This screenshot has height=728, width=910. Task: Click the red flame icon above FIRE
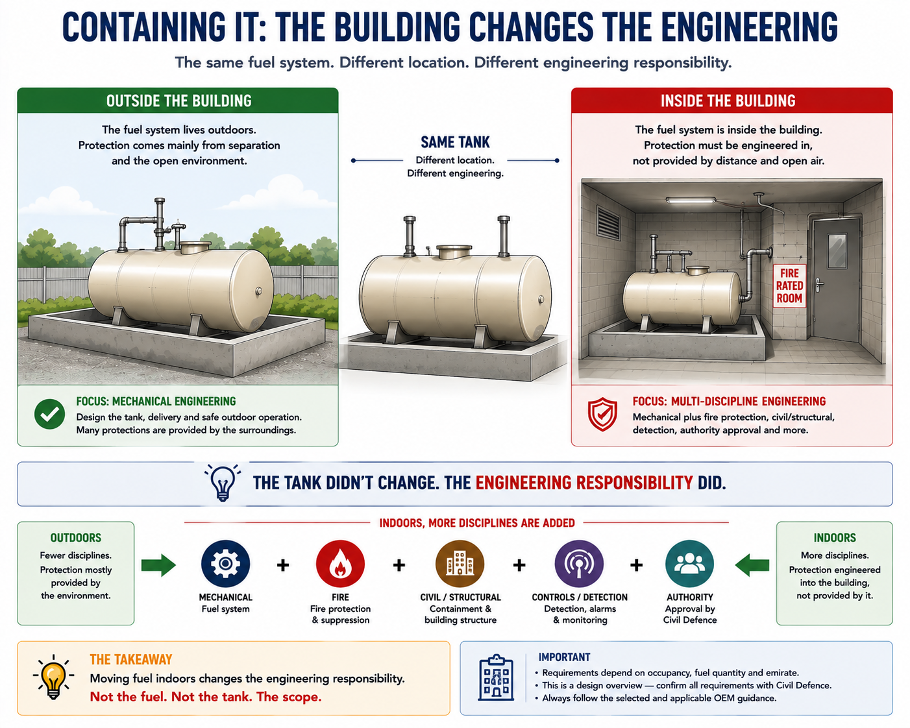pyautogui.click(x=340, y=564)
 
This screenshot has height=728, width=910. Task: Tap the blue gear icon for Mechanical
pyautogui.click(x=225, y=564)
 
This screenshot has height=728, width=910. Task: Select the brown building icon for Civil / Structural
pyautogui.click(x=460, y=564)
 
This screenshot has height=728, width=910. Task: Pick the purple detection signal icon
pyautogui.click(x=579, y=564)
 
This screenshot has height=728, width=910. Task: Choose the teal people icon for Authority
pyautogui.click(x=689, y=564)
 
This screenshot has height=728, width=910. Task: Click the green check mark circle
pyautogui.click(x=49, y=415)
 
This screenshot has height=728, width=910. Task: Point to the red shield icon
pyautogui.click(x=602, y=415)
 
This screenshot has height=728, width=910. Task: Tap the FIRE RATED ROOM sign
pyautogui.click(x=789, y=285)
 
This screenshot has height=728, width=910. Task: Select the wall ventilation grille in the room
pyautogui.click(x=608, y=223)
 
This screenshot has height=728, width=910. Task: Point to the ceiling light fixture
pyautogui.click(x=691, y=200)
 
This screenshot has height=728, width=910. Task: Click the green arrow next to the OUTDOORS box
pyautogui.click(x=158, y=564)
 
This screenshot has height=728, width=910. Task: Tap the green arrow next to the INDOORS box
pyautogui.click(x=752, y=564)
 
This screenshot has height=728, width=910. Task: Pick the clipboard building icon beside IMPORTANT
pyautogui.click(x=496, y=678)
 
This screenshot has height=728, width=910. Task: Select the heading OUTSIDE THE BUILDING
pyautogui.click(x=179, y=101)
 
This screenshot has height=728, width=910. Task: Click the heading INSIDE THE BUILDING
pyautogui.click(x=728, y=101)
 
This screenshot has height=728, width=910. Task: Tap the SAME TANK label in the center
pyautogui.click(x=455, y=142)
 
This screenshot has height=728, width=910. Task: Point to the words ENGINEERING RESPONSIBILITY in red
pyautogui.click(x=584, y=483)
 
